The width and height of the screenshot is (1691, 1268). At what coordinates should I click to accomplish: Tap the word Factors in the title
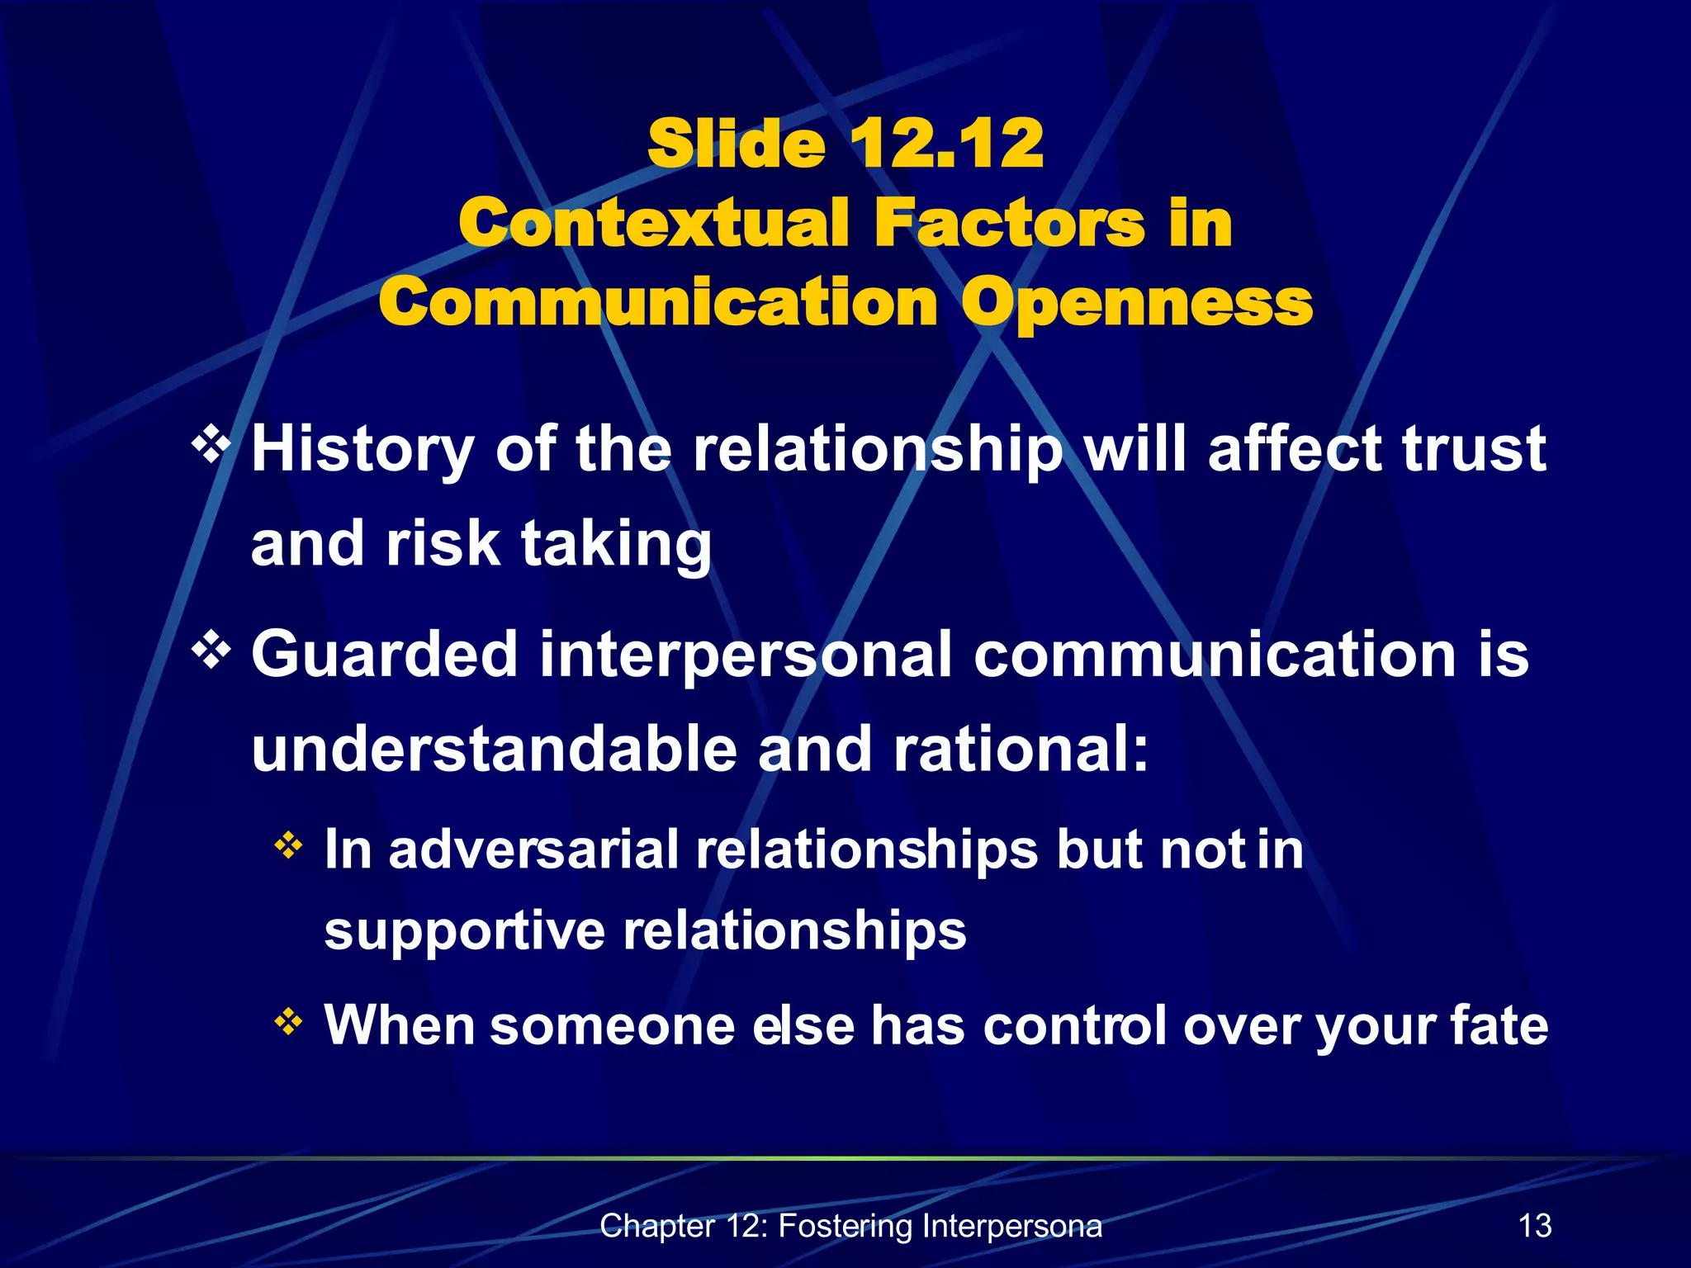(1009, 223)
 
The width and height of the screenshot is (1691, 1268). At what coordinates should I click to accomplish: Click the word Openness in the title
(1137, 304)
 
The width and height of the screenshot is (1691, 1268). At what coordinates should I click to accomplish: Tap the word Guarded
(384, 655)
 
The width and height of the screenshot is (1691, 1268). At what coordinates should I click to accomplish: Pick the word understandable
(494, 749)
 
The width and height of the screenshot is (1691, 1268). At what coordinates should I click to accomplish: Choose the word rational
(1021, 749)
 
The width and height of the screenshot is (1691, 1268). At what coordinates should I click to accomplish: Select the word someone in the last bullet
(612, 1025)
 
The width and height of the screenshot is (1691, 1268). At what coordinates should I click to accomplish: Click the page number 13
(1535, 1226)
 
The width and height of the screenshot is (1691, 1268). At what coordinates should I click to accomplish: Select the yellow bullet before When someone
(288, 1022)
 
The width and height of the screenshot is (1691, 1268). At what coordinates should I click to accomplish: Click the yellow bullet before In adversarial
(288, 845)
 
